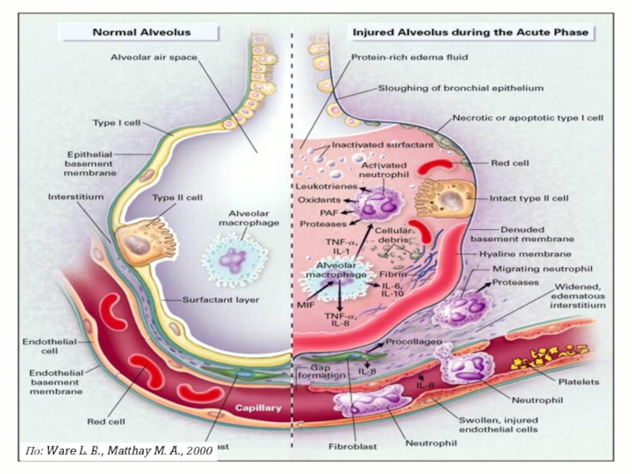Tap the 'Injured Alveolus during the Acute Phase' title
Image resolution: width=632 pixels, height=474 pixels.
[x=470, y=32]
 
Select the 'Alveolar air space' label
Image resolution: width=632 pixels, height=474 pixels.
[x=154, y=57]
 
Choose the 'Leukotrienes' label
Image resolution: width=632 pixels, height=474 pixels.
[x=322, y=187]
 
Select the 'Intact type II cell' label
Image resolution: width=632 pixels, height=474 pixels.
[x=526, y=198]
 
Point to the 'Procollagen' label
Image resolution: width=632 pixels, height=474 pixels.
[x=412, y=344]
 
